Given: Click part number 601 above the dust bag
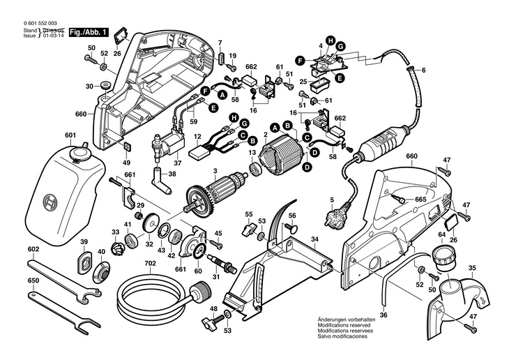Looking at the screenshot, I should (x=70, y=135).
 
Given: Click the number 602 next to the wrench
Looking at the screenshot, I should (x=33, y=248).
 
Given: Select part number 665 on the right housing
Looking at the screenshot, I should (x=420, y=200).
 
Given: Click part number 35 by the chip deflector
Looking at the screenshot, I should (x=472, y=267).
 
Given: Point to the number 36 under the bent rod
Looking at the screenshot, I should (x=383, y=315).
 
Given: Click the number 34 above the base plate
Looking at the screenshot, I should (x=314, y=239).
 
